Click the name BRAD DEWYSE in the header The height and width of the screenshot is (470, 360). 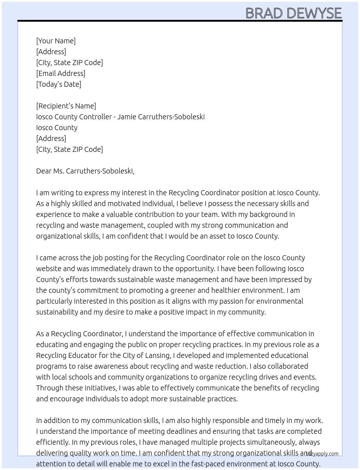pyautogui.click(x=293, y=13)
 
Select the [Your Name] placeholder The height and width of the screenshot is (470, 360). pyautogui.click(x=56, y=41)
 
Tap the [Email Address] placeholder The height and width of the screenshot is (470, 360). pyautogui.click(x=61, y=73)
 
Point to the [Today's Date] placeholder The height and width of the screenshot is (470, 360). pyautogui.click(x=59, y=84)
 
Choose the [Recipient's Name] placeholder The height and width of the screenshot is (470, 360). pyautogui.click(x=66, y=106)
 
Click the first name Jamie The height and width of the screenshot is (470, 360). pyautogui.click(x=127, y=117)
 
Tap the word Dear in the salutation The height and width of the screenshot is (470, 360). pyautogui.click(x=44, y=171)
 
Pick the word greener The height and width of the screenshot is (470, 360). pyautogui.click(x=184, y=290)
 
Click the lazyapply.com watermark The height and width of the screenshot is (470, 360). pyautogui.click(x=322, y=454)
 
